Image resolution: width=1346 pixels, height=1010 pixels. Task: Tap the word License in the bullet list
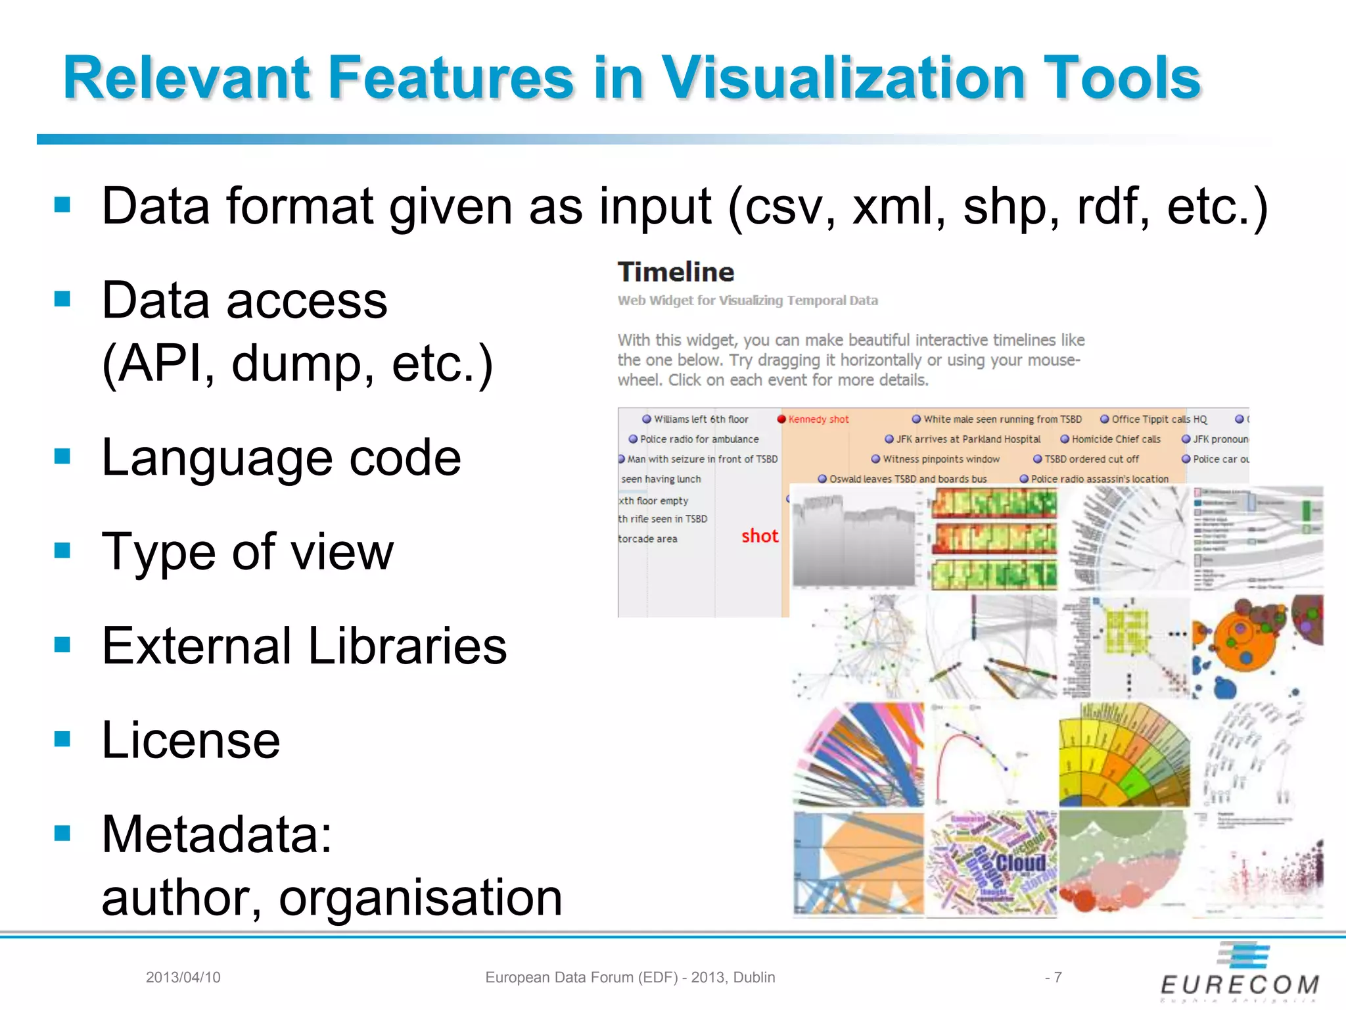click(191, 740)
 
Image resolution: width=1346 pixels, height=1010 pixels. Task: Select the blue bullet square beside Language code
click(62, 456)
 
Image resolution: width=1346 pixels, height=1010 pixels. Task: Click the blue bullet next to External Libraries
click(62, 644)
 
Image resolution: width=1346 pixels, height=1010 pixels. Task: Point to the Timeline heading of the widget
click(676, 272)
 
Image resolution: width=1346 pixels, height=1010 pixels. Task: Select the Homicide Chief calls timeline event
click(1115, 439)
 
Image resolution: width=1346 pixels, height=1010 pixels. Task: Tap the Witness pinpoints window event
click(940, 459)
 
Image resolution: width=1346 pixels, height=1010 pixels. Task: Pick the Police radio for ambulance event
click(699, 439)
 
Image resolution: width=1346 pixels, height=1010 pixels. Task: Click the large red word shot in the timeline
click(760, 537)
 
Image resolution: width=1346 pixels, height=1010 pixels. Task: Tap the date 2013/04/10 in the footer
click(183, 978)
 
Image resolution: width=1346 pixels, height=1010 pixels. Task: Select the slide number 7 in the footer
click(1057, 978)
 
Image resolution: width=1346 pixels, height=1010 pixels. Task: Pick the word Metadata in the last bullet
click(217, 834)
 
